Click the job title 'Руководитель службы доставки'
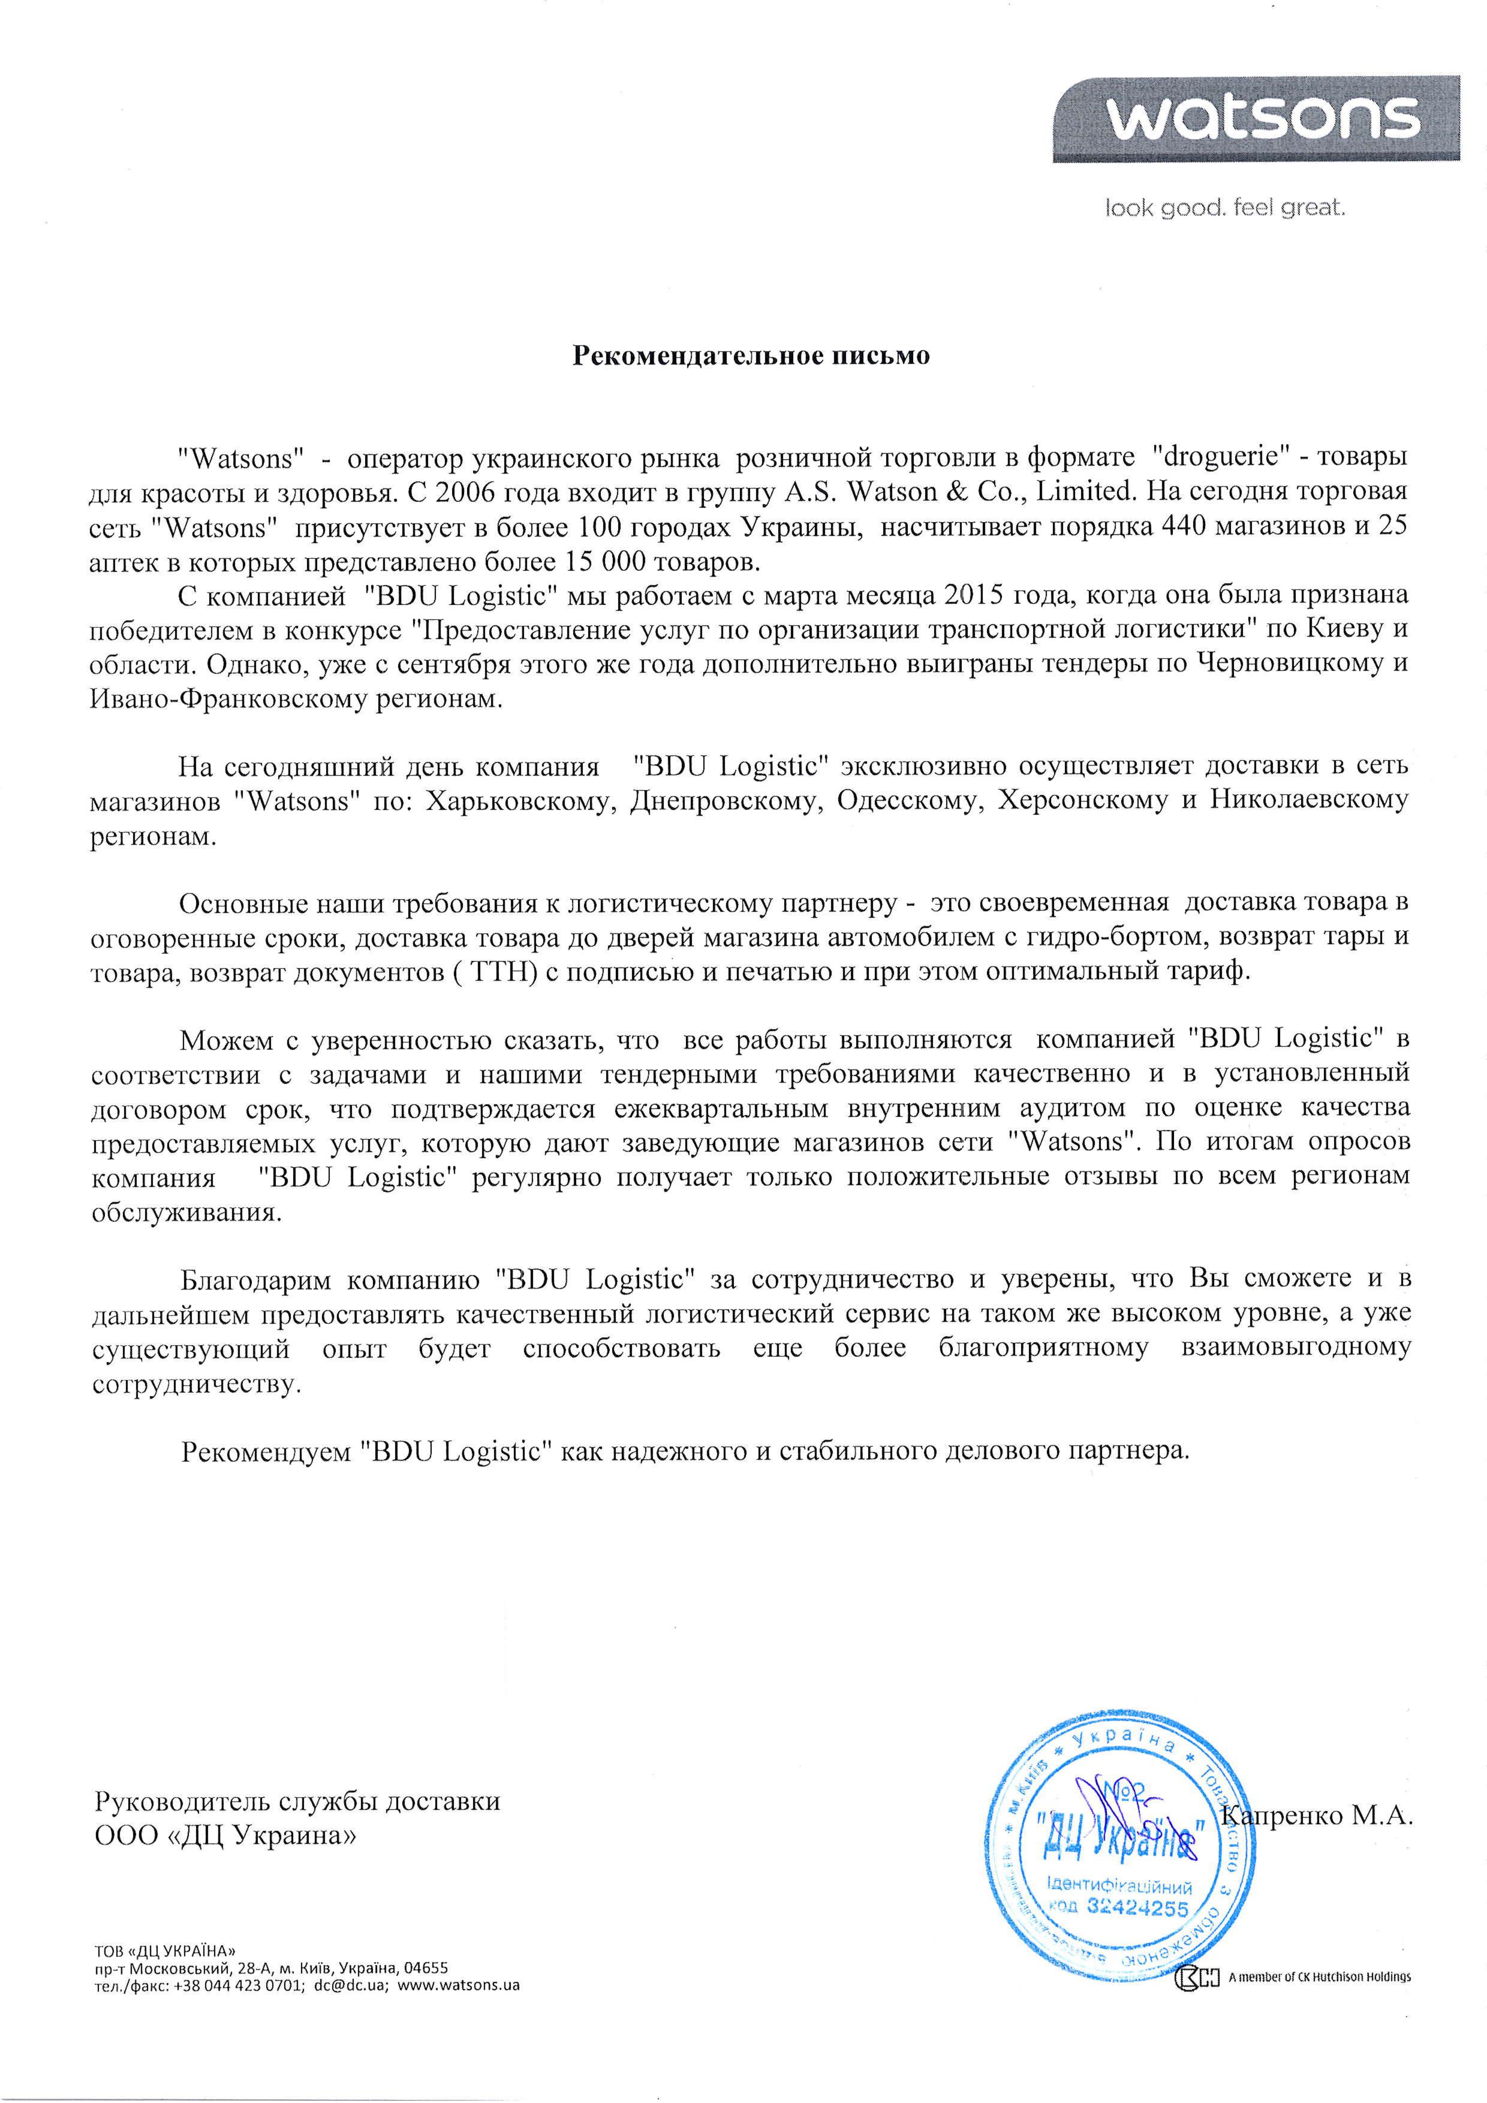point(298,1801)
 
